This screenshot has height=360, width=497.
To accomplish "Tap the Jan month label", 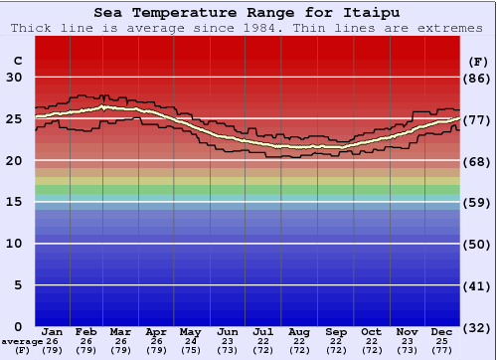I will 53,331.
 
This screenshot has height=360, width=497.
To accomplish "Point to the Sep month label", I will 336,331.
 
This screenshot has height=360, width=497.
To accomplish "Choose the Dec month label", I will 443,331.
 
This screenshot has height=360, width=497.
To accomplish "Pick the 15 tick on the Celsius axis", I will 15,203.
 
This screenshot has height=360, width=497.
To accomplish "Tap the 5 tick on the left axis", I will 19,285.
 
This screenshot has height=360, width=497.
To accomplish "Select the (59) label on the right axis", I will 477,203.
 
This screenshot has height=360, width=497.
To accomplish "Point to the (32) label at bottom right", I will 477,327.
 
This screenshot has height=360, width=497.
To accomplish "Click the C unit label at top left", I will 17,60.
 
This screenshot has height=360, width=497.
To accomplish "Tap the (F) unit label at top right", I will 477,60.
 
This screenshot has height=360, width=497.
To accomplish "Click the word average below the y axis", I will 22,341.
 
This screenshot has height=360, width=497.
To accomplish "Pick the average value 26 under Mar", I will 119,341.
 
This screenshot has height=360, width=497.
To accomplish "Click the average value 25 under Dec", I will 443,341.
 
